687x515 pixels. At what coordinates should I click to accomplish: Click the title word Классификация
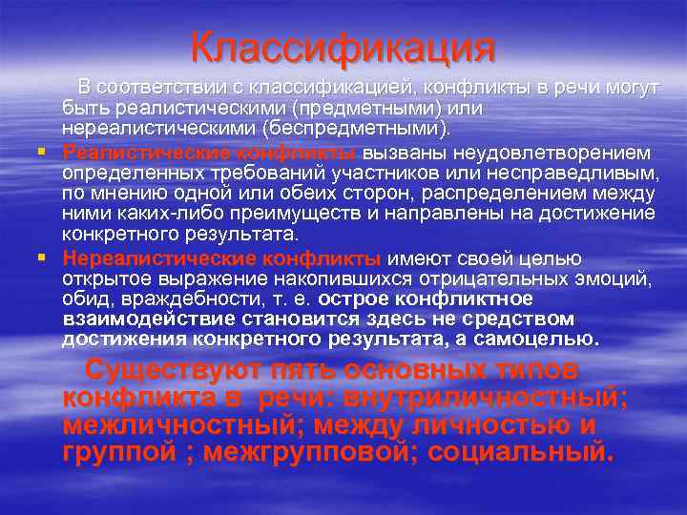click(343, 47)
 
